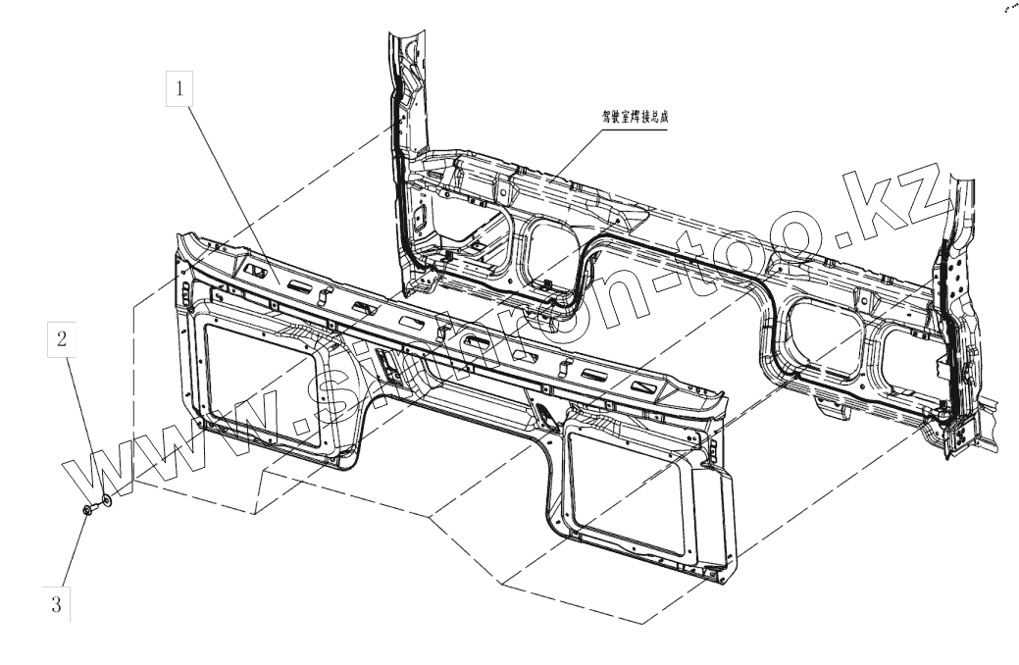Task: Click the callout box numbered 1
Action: (x=178, y=90)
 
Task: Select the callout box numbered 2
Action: (x=62, y=340)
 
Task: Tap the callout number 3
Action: (x=55, y=605)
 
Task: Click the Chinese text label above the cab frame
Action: (x=639, y=114)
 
